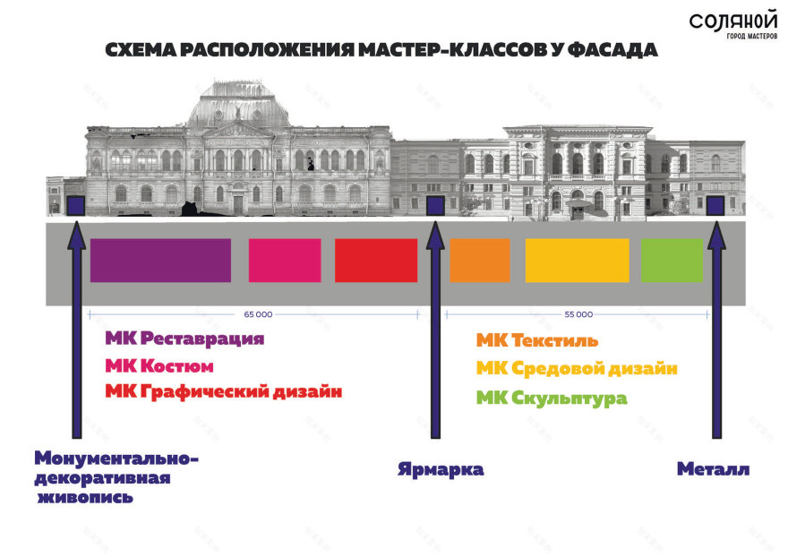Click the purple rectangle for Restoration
pos(160,261)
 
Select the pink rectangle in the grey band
pos(285,261)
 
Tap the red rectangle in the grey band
pos(376,261)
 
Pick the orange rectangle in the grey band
pos(479,261)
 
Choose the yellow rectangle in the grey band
pos(577,261)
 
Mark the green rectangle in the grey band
pos(672,261)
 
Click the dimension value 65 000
pos(258,314)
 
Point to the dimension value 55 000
pos(578,314)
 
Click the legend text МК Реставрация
pos(184,338)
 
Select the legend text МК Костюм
pos(159,365)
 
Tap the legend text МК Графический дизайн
pos(224,391)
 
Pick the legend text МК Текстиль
pos(537,340)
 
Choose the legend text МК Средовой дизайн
pos(577,368)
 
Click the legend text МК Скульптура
pos(552,398)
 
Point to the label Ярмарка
pos(441,469)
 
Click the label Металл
pos(713,469)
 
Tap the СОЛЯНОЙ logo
pos(733,25)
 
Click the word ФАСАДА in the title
pos(614,50)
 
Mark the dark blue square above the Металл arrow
pos(715,206)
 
